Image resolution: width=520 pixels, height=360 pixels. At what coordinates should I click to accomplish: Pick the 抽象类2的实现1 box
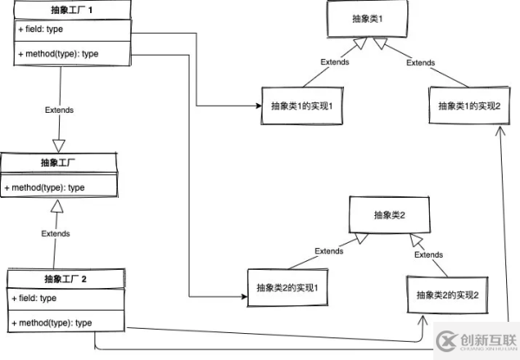coord(289,286)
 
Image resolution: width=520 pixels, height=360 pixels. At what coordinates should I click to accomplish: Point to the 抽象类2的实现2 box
coord(448,294)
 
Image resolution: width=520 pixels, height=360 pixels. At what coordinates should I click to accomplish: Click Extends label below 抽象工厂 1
coord(59,110)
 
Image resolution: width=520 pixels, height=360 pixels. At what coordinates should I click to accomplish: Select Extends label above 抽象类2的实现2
coord(429,255)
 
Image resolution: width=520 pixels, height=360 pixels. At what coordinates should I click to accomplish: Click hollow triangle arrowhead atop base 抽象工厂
coord(59,144)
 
